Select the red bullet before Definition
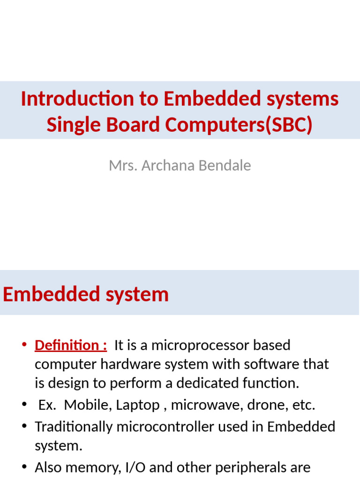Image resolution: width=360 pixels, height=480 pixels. tap(25, 346)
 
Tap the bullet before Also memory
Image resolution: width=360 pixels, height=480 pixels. tap(25, 467)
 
